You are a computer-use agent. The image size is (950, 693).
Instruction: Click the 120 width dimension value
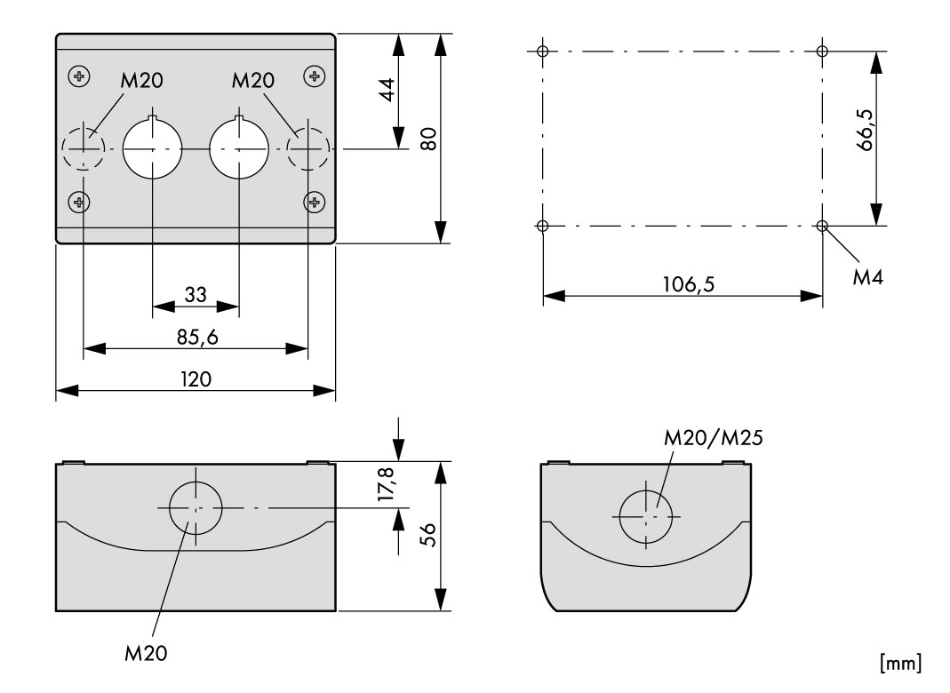196,379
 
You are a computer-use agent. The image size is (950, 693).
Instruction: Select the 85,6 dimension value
196,338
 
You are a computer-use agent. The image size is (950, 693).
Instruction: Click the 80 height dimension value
428,139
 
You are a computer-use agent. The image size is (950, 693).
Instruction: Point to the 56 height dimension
427,537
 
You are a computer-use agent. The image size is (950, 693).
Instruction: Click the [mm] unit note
899,663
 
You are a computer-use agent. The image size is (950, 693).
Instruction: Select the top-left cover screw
81,76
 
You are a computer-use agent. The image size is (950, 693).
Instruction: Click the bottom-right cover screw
314,203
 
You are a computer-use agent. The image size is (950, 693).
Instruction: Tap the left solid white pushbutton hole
152,149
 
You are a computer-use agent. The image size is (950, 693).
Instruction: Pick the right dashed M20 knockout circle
308,149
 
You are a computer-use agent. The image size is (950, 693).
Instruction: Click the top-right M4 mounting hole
822,51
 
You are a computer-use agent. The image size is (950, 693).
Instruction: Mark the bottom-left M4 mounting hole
543,226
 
